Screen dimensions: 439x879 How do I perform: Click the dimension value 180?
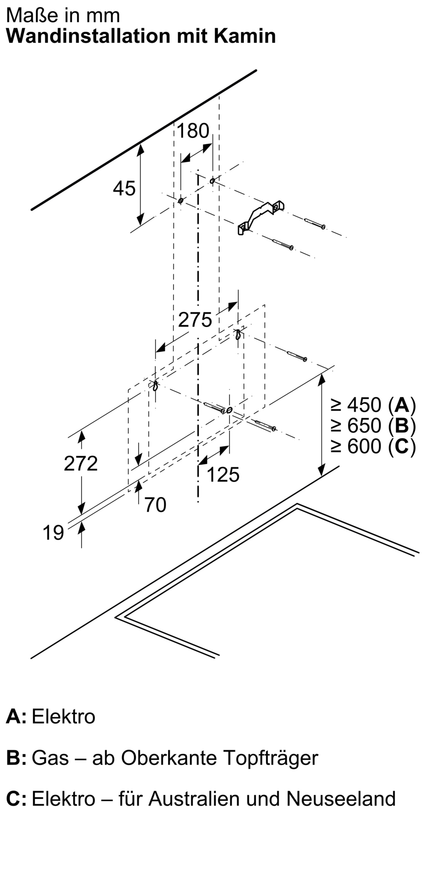tap(193, 131)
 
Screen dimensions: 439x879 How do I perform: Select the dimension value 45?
tap(124, 189)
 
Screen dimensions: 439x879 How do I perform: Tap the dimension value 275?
tap(195, 320)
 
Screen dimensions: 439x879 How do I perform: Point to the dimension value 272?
tap(81, 463)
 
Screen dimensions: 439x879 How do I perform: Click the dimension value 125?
tap(223, 475)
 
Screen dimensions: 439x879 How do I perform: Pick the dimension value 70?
tap(155, 505)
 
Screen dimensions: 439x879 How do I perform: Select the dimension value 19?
tap(53, 533)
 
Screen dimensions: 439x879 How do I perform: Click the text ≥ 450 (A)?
tap(373, 405)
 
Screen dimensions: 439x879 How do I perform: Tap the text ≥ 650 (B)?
tap(373, 425)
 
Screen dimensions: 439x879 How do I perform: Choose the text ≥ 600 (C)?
tap(373, 447)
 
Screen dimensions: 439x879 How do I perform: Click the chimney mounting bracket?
tap(261, 217)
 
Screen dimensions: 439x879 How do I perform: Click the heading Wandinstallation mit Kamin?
tap(141, 36)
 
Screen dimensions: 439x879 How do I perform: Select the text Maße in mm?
tap(63, 16)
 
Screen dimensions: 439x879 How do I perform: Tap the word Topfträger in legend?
tap(270, 757)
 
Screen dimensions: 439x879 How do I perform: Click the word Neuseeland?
tap(341, 798)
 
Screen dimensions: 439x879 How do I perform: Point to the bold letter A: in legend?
tap(16, 716)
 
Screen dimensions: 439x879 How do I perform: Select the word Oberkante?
tap(169, 757)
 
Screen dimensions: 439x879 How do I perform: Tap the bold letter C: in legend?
tap(16, 798)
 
